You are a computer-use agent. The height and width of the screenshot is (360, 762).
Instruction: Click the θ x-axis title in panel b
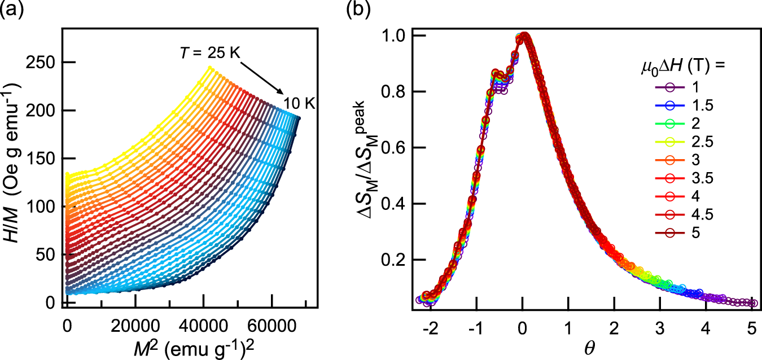click(568, 345)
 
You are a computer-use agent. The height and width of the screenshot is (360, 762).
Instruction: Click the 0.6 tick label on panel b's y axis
click(392, 148)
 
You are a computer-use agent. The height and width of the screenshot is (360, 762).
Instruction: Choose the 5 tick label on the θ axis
click(751, 327)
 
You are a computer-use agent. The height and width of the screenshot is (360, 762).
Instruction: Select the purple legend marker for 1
click(650, 87)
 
